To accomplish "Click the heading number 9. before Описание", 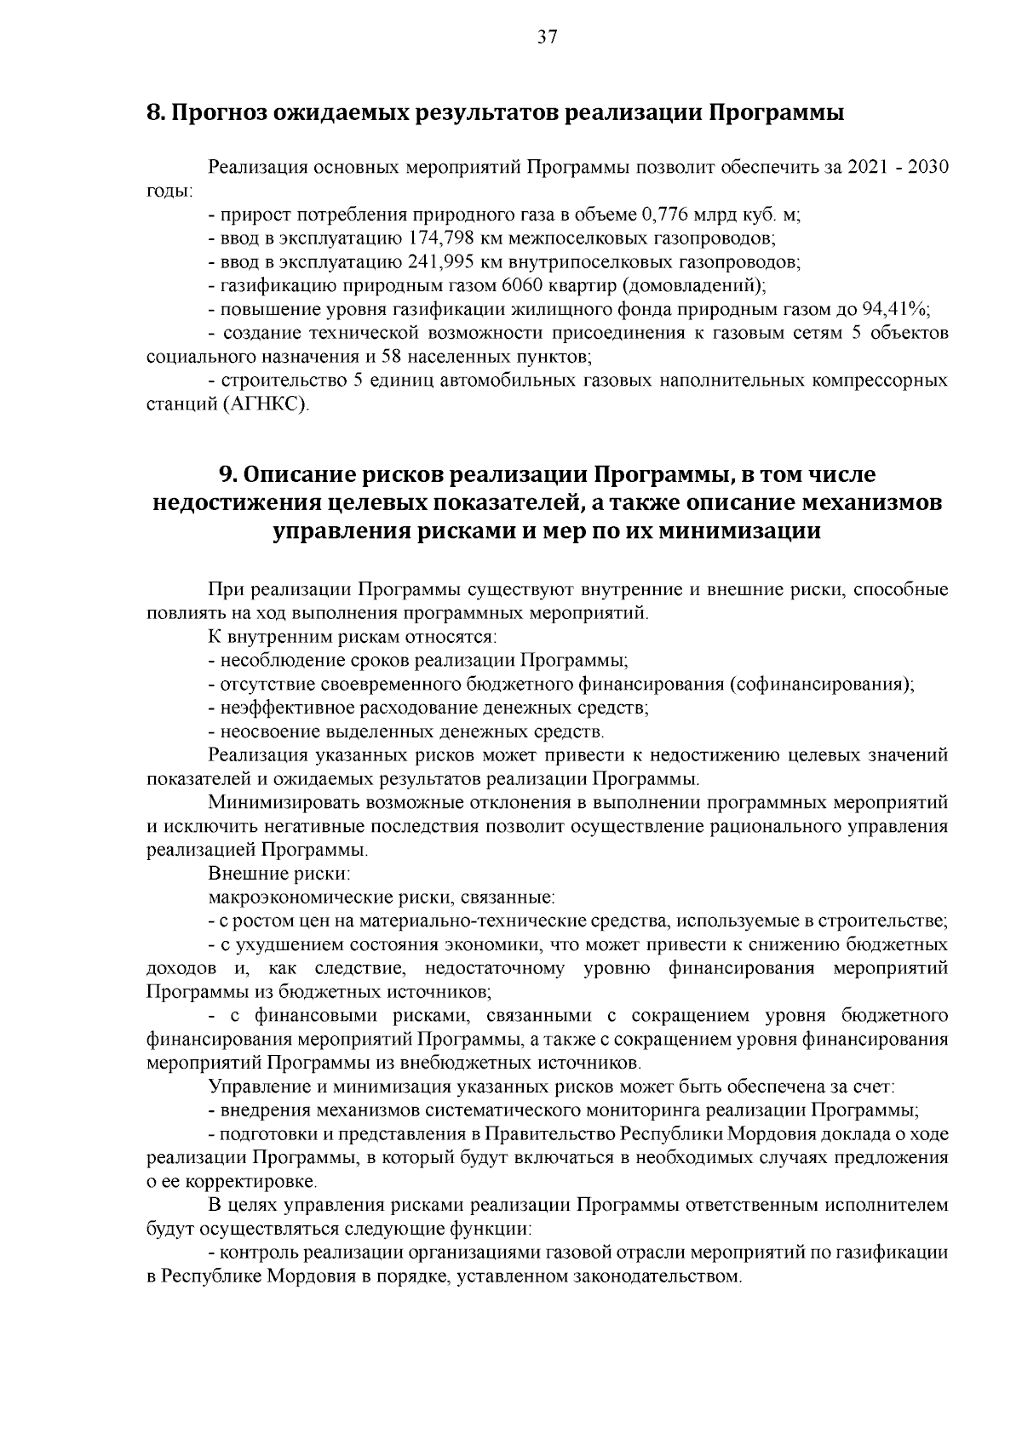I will tap(227, 474).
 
